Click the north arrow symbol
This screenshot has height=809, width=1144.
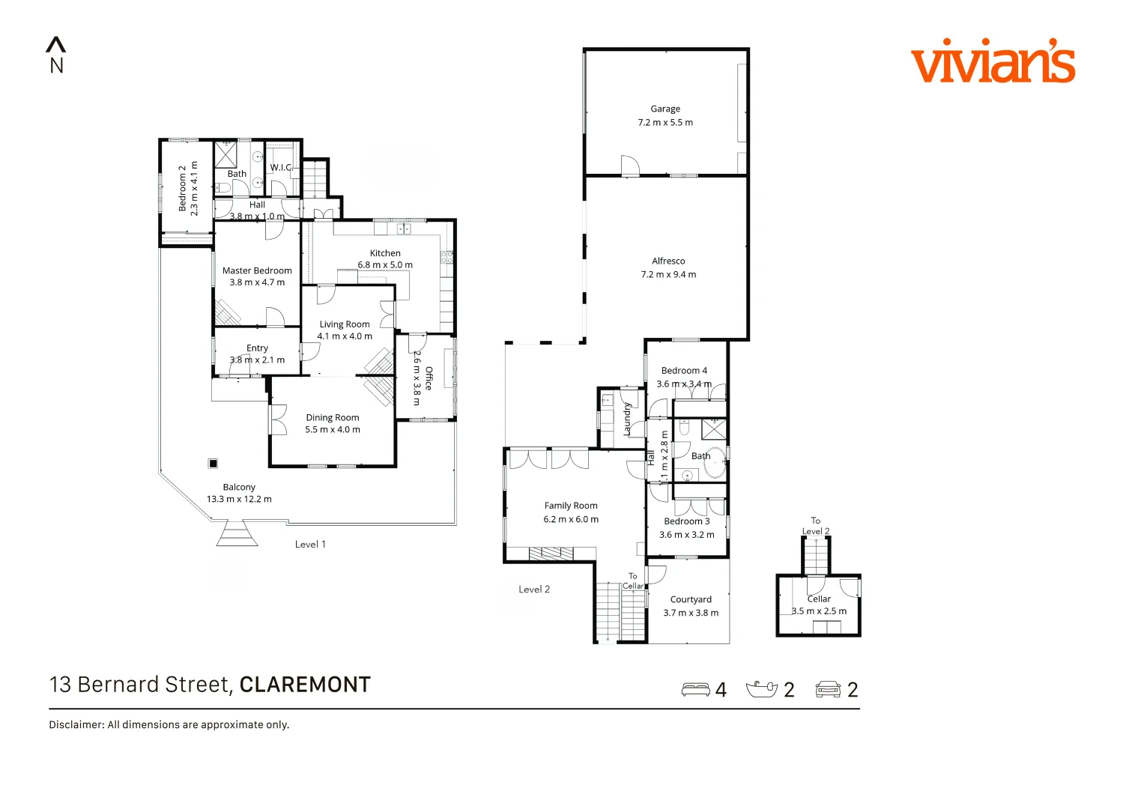point(56,46)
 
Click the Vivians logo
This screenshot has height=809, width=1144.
point(993,61)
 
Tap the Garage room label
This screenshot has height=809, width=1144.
point(665,109)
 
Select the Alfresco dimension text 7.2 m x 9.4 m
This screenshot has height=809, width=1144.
point(668,275)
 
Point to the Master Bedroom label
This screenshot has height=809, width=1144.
point(257,270)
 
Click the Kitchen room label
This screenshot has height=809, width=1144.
point(385,253)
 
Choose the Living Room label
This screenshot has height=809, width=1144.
point(345,324)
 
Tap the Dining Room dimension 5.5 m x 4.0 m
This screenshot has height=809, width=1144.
point(333,430)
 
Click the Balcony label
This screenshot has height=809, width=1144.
point(239,487)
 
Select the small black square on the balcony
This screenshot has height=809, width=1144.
point(214,464)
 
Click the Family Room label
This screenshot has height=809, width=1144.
point(571,506)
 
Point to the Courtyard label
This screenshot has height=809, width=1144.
point(691,599)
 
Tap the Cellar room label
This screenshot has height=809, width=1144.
point(819,599)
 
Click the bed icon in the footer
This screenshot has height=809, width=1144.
point(695,689)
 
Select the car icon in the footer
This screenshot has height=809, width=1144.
point(828,689)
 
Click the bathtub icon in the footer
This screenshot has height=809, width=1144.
point(762,689)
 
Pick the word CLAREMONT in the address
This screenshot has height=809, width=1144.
point(305,685)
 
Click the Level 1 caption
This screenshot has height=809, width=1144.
point(310,545)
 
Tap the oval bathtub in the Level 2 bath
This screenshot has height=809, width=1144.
point(714,463)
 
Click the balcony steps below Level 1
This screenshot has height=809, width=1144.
point(237,536)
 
